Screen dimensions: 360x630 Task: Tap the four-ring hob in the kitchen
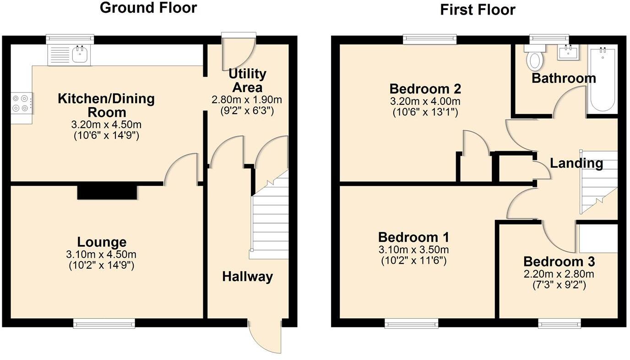[22, 103]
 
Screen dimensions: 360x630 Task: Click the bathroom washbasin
[568, 52]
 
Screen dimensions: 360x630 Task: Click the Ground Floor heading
[148, 8]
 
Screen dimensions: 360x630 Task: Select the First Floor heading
[478, 10]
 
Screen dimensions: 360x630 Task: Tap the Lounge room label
[102, 242]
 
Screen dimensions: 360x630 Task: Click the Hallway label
[247, 277]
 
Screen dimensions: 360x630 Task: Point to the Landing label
[576, 163]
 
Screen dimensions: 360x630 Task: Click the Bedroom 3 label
[559, 262]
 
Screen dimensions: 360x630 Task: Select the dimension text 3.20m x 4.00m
[425, 101]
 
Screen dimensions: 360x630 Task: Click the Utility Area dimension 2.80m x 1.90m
[246, 100]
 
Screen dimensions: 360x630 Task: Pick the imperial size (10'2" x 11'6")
[413, 261]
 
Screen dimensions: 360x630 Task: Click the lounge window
[104, 324]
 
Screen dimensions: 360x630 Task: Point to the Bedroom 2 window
[430, 40]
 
